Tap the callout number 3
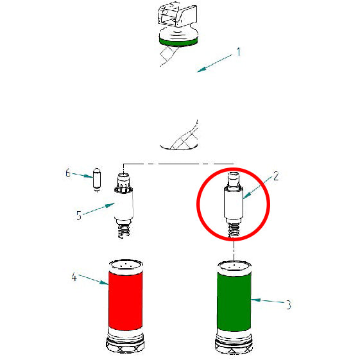point(288,305)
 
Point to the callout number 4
point(74,277)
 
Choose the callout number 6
point(67,173)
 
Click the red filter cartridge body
point(125,299)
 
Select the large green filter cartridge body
point(233,300)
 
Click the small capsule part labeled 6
point(97,178)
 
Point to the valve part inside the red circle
point(233,202)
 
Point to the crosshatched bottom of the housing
point(180,139)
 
